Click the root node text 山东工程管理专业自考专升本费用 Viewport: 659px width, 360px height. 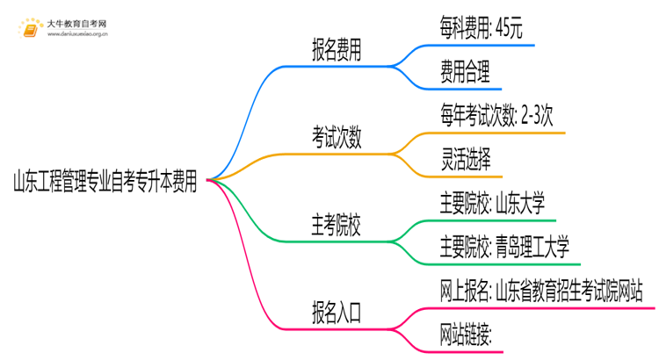104,183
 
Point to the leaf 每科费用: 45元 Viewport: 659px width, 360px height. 482,30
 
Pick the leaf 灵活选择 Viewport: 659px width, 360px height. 467,159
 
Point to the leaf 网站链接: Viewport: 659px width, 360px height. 466,335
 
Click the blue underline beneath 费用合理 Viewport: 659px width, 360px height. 471,88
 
